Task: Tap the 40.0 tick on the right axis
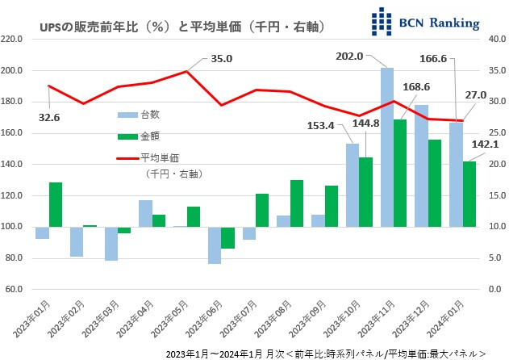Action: tap(497, 39)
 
